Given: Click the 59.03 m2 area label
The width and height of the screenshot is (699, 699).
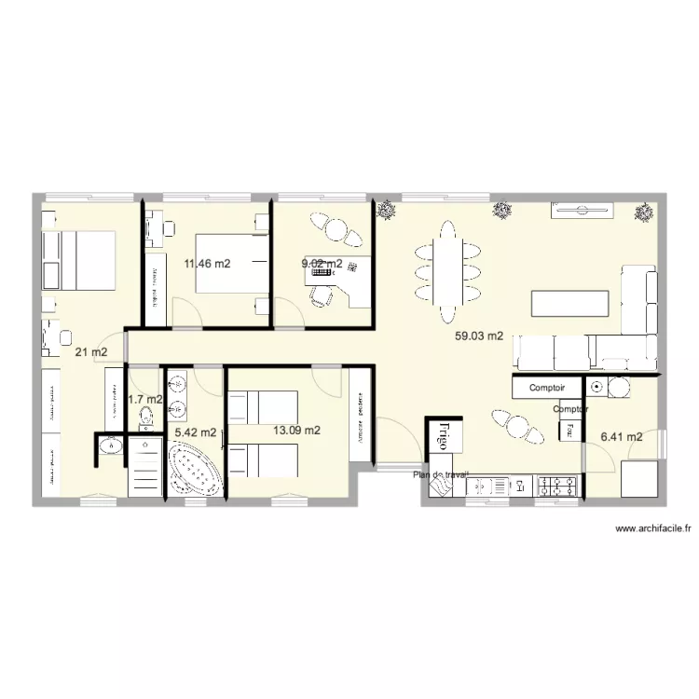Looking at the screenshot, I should tap(479, 336).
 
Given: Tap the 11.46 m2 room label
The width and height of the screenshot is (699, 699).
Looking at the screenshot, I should tap(207, 264).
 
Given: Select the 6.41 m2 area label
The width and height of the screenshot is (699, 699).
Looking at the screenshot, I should tap(622, 436).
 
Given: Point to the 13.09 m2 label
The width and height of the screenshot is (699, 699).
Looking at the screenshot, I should tap(296, 431).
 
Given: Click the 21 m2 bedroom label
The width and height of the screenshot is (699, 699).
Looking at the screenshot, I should tap(90, 352).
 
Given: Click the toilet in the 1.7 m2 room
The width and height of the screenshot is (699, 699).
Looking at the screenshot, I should tap(145, 418).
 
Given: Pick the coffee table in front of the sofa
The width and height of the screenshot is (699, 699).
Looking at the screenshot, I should tap(569, 304).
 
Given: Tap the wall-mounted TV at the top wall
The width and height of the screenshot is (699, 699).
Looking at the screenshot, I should tap(580, 209).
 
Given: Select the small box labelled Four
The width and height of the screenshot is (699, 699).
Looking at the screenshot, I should tap(565, 430).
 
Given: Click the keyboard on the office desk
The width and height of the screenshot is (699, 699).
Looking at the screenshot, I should tap(352, 267).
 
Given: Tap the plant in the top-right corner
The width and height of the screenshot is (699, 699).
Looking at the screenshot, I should tap(643, 212).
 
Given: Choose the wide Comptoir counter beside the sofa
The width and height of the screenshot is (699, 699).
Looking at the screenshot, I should tap(547, 387).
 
